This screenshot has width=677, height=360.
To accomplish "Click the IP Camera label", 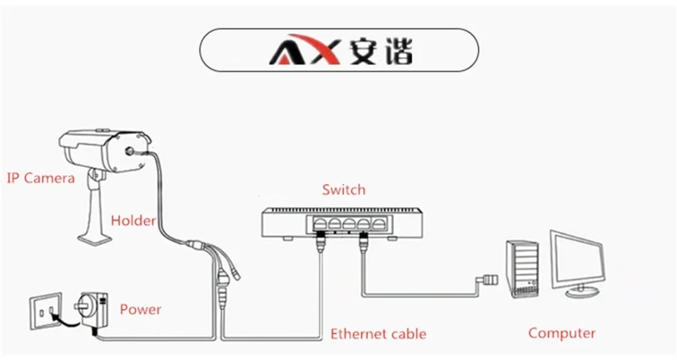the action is (41, 178).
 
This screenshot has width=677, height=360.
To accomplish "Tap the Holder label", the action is (133, 221).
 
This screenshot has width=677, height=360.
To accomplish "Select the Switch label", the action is (344, 189).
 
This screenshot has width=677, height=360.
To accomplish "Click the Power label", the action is (140, 309).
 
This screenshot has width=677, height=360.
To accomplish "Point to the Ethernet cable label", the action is (378, 334).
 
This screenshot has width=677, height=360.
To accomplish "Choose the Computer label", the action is (562, 333).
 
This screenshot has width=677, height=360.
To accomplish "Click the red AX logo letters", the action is (305, 49).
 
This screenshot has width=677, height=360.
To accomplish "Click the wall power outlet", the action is (45, 311).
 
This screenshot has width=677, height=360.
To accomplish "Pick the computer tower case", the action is (523, 267).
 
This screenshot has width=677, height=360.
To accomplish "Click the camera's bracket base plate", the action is (96, 238).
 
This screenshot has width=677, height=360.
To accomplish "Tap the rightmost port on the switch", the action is (378, 225).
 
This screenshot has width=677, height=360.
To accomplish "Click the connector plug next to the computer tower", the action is (487, 279).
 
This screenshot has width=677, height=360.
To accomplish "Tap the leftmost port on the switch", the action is (320, 225).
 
